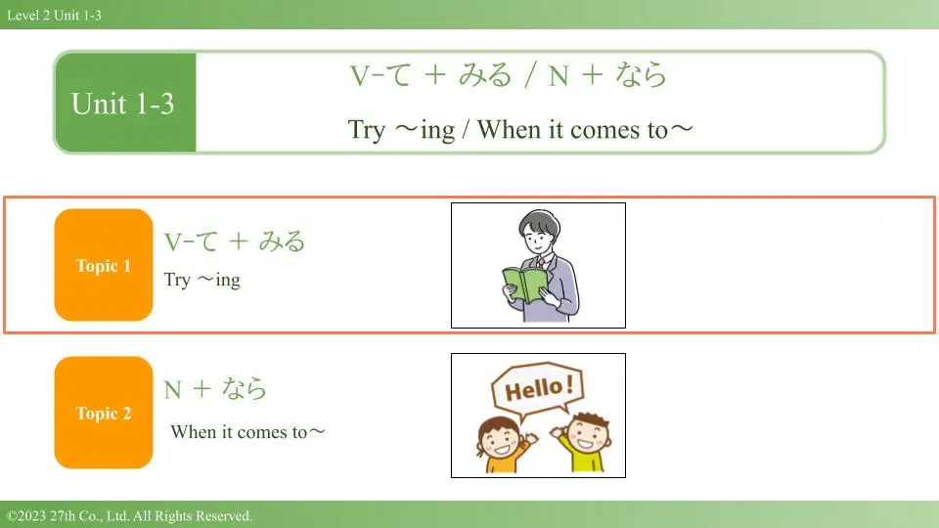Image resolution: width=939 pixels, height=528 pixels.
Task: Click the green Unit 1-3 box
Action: point(125,103)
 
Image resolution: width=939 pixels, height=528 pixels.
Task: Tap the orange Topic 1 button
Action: point(104,265)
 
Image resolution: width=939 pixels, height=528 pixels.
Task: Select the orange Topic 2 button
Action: point(104,413)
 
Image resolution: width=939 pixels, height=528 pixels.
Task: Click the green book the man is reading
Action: point(524,285)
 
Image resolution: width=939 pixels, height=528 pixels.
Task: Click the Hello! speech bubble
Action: point(537,390)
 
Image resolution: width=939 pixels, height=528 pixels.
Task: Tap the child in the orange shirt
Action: point(502,444)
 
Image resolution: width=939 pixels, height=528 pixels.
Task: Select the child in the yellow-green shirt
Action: point(584,442)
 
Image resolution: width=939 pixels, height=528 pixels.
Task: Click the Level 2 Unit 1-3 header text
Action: point(54,15)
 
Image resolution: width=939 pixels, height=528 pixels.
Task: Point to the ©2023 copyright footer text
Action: point(129,515)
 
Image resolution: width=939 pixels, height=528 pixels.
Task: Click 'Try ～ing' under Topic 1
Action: point(202,280)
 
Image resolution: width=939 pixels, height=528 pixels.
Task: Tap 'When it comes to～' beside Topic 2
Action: point(247,431)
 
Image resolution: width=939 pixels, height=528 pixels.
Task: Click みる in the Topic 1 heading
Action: point(282,241)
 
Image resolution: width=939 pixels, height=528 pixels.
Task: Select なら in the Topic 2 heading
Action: point(245,388)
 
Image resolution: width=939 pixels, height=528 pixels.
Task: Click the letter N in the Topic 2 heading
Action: point(172,390)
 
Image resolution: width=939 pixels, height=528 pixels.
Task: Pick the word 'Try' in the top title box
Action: point(367,129)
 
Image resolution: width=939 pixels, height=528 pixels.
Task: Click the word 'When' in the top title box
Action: point(509,129)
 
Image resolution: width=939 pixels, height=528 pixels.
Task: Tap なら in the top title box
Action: point(641,75)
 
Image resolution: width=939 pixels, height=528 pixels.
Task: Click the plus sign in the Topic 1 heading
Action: point(239,242)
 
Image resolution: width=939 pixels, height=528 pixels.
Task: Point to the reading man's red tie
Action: point(541,262)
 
